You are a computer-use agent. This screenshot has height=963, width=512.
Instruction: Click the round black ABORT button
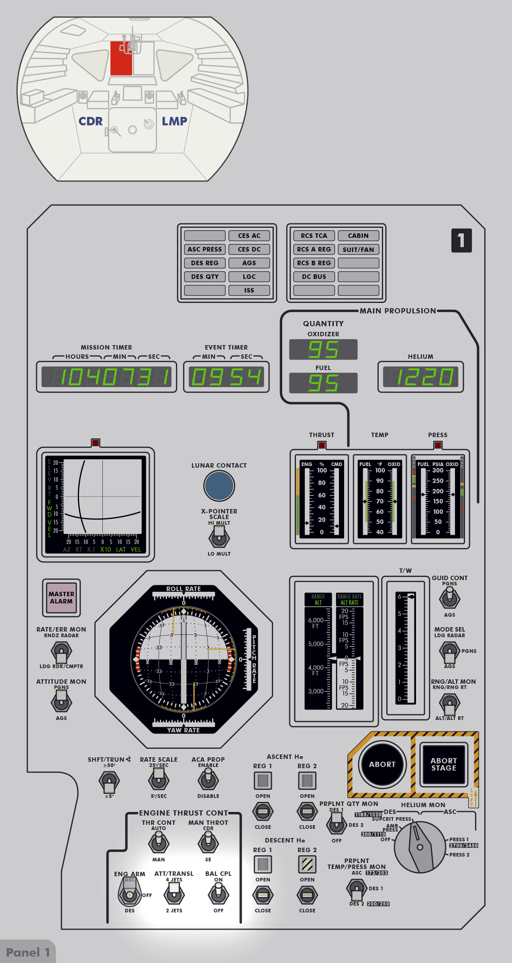pyautogui.click(x=382, y=765)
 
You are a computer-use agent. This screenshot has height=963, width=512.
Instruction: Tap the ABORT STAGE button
pyautogui.click(x=443, y=765)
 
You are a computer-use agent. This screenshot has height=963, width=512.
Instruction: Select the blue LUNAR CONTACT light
pyautogui.click(x=219, y=486)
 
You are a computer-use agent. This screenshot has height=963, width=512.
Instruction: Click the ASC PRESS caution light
pyautogui.click(x=205, y=249)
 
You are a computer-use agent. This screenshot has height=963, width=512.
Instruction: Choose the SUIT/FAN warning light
pyautogui.click(x=358, y=249)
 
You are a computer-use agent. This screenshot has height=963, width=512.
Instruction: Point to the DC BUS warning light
pyautogui.click(x=314, y=277)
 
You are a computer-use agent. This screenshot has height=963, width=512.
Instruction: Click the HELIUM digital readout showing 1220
pyautogui.click(x=420, y=377)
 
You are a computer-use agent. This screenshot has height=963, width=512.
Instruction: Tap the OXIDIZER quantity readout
pyautogui.click(x=323, y=350)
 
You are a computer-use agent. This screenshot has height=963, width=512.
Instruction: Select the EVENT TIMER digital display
pyautogui.click(x=226, y=377)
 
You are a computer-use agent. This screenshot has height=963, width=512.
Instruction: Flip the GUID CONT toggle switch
pyautogui.click(x=449, y=598)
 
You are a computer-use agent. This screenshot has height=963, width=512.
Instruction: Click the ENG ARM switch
pyautogui.click(x=130, y=893)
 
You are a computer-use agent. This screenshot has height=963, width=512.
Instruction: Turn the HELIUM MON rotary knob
pyautogui.click(x=420, y=847)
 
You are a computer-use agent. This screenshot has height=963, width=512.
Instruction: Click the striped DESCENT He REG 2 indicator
pyautogui.click(x=307, y=864)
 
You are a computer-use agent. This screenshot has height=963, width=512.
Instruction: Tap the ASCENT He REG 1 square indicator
pyautogui.click(x=263, y=781)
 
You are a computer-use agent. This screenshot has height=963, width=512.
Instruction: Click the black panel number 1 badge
pyautogui.click(x=461, y=241)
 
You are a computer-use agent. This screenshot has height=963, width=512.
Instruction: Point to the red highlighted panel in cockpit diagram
pyautogui.click(x=121, y=59)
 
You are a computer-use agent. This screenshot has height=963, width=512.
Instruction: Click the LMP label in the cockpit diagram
pyautogui.click(x=174, y=121)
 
